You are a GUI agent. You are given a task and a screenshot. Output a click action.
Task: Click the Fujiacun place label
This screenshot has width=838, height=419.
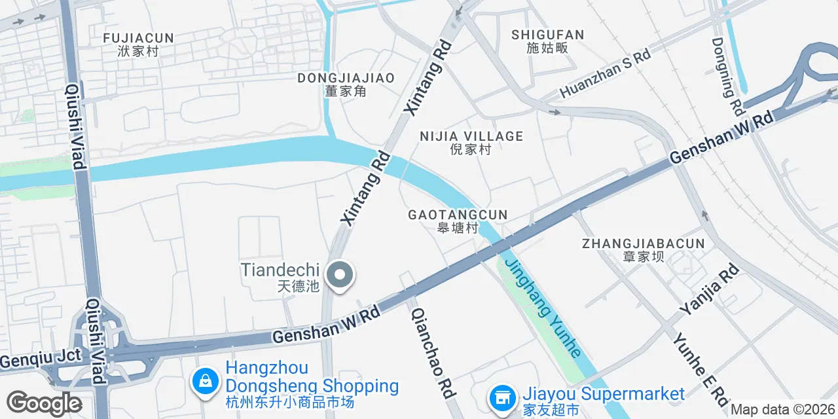138,44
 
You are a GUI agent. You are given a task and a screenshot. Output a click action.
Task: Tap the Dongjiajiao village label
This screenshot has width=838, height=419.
346,84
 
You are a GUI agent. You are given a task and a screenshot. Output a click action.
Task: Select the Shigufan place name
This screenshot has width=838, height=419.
547,41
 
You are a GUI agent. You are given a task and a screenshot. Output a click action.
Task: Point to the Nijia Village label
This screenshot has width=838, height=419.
471,142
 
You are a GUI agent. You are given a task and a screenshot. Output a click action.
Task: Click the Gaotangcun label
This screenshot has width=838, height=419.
458,221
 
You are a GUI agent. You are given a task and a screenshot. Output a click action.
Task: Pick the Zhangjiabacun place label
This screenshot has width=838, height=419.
643,249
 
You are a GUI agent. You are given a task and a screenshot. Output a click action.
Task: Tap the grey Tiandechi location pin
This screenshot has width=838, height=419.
339,276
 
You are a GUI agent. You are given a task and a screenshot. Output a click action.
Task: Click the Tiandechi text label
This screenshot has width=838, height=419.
280,276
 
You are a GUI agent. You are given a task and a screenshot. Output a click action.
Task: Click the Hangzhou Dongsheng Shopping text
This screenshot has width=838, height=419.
312,385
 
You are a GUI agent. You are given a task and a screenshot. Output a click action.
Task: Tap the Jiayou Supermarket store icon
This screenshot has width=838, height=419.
502,397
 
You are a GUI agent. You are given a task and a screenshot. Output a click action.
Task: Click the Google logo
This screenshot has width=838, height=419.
44,403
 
